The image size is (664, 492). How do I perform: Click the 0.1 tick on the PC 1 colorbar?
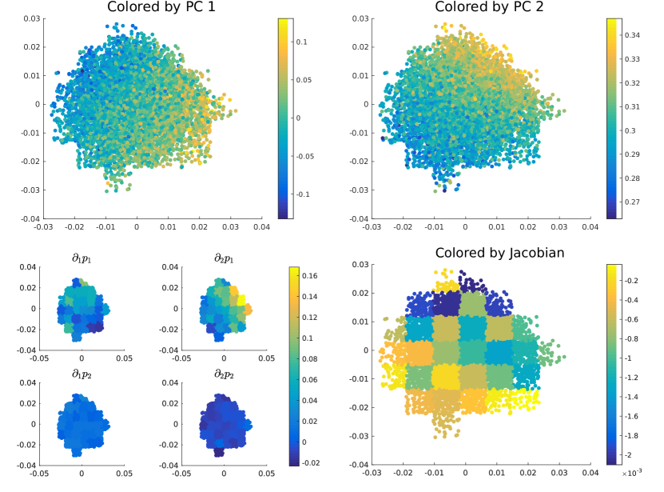308,42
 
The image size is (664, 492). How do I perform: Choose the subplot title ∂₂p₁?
223,258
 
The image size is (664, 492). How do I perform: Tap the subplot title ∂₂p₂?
223,374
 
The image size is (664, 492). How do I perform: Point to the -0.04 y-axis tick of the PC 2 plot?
360,219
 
